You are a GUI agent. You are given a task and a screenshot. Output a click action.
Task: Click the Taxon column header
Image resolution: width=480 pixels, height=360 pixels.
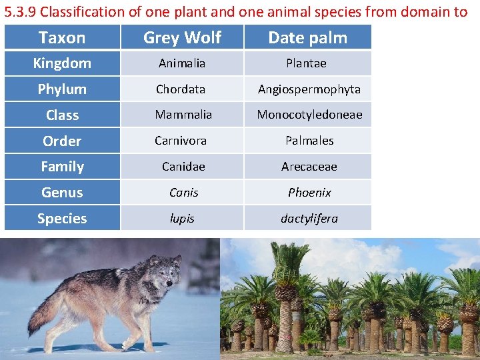pos(62,37)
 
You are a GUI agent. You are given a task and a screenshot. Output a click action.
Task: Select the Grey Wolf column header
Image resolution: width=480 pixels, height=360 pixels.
pos(182,37)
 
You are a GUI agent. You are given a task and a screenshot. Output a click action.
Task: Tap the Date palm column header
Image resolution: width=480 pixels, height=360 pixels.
pos(307,37)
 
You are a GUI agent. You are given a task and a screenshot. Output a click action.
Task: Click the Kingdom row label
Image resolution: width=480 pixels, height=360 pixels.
pos(62,63)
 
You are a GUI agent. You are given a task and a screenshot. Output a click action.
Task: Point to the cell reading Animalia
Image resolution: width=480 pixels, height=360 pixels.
pos(182,63)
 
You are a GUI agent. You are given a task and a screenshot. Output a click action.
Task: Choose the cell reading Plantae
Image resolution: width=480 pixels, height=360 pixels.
pos(307,63)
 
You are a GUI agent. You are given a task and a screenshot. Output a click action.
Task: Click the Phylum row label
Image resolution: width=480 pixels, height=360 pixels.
pos(62,89)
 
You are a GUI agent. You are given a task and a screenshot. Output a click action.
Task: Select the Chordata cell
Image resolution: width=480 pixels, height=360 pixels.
pos(181,89)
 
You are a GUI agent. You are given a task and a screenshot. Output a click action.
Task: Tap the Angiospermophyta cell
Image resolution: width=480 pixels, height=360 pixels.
pos(309,89)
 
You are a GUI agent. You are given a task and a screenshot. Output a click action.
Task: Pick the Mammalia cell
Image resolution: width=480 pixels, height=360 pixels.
pos(183,115)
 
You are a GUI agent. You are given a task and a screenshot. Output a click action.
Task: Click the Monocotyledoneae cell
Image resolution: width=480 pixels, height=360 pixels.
pos(309,115)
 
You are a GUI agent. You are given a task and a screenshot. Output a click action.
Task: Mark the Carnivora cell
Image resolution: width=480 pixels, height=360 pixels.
pos(181,141)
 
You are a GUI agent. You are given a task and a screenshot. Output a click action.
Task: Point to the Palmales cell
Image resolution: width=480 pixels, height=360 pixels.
pos(309,141)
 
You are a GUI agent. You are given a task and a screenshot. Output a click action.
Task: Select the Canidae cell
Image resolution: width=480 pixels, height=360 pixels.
pos(183,167)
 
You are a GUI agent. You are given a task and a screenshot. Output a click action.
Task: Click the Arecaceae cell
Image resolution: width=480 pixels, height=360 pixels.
pos(309,167)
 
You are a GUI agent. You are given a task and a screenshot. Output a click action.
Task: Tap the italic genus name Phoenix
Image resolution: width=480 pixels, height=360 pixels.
pos(309,193)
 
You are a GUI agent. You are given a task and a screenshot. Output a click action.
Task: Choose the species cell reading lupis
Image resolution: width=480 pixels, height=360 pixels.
pos(182,219)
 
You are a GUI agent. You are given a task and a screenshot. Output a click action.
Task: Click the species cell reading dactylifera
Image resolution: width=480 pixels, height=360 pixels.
pos(309,219)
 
